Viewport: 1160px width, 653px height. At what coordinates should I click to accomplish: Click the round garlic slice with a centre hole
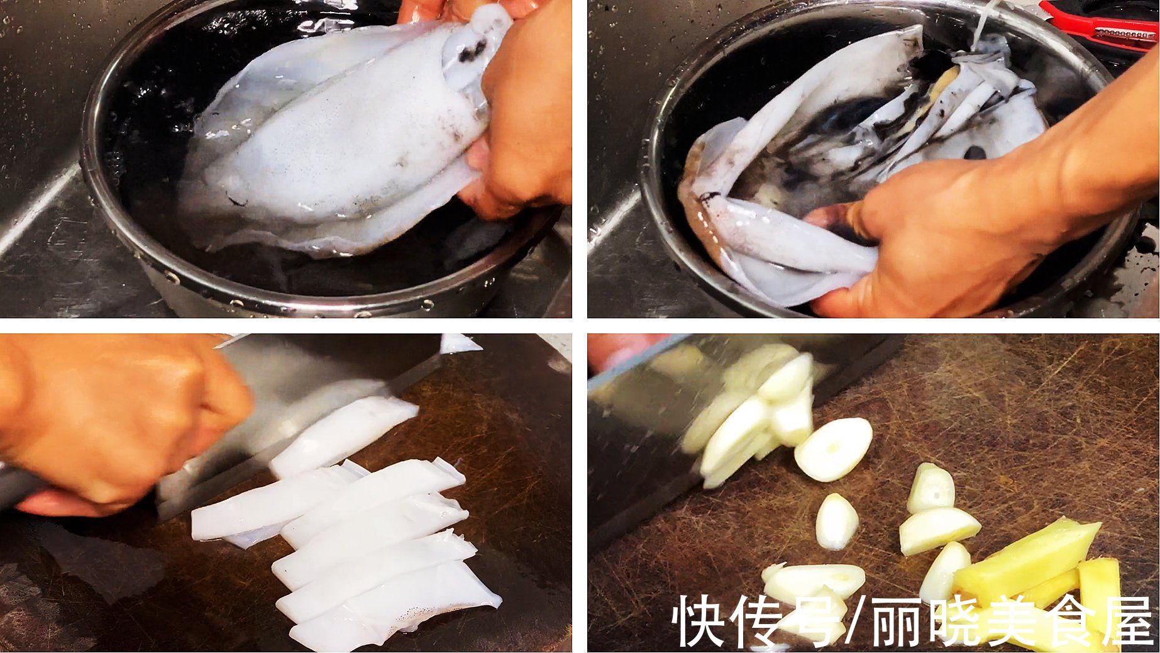coord(833,449)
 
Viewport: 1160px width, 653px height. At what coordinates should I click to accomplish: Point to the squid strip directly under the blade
coord(343,434)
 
